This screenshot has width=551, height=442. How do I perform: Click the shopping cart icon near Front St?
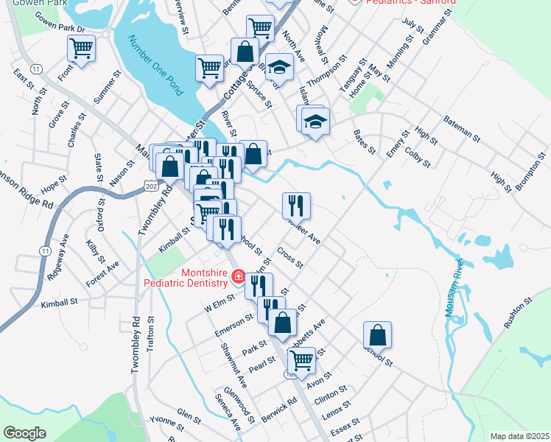point(81,49)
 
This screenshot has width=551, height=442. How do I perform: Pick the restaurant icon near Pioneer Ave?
point(296,206)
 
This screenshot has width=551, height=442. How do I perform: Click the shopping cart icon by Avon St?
point(301,360)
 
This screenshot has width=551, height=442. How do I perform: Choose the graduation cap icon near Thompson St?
point(279,67)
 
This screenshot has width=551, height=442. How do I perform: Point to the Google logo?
point(24,433)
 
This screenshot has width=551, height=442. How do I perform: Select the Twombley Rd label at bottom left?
point(136,346)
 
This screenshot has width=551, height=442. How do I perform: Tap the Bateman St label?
point(461,129)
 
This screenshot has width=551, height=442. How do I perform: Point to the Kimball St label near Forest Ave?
point(60,303)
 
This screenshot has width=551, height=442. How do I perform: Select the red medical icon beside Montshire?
point(238,277)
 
